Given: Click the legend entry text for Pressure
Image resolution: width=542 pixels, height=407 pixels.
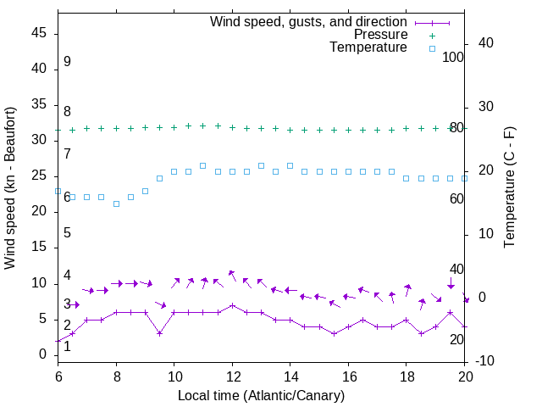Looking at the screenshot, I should tap(380, 35).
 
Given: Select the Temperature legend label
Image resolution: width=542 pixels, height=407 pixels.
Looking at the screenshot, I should tap(368, 48).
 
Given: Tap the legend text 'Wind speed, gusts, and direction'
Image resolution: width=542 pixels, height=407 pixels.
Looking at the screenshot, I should tap(309, 21).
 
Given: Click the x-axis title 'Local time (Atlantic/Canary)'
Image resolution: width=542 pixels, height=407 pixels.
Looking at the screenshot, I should tap(261, 395).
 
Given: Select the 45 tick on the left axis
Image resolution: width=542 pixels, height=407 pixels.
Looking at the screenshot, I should tap(39, 34).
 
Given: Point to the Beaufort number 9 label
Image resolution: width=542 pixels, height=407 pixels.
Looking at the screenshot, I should tap(67, 62).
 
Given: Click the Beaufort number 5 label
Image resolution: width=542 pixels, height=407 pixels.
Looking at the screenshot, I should tap(67, 232).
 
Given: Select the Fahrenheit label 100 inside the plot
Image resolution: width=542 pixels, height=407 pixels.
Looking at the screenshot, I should tap(453, 57).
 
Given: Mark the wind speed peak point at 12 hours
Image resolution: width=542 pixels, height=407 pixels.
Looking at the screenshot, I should tap(232, 305).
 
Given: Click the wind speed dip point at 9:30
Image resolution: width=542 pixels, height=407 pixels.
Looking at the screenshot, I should tap(159, 333).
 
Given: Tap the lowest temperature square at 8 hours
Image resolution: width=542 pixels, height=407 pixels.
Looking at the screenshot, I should tap(116, 203).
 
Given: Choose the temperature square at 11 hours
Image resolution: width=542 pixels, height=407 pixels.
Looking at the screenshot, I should tap(203, 165).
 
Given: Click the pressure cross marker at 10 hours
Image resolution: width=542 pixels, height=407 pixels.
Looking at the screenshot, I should tap(174, 127).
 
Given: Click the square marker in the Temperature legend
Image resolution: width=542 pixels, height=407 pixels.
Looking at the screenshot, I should tap(432, 48).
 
